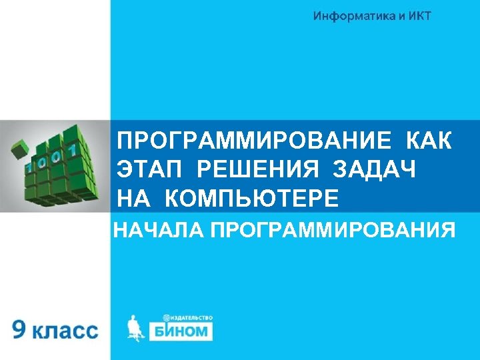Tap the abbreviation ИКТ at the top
(418, 16)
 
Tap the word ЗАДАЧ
(373, 170)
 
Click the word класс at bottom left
(65, 331)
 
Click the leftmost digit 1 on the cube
(29, 167)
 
